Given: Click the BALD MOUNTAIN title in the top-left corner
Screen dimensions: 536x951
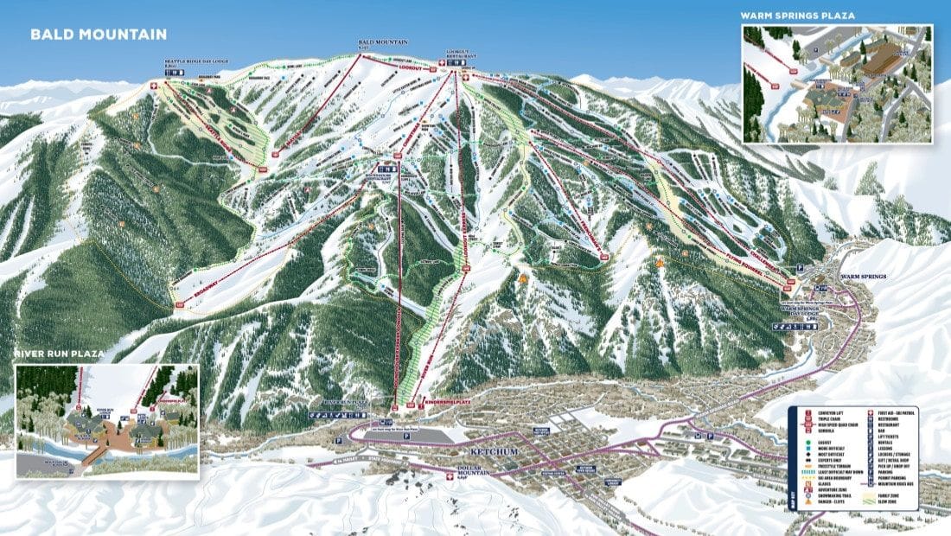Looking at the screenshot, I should pyautogui.click(x=98, y=35).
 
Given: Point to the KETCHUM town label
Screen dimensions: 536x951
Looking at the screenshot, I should pyautogui.click(x=492, y=451).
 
